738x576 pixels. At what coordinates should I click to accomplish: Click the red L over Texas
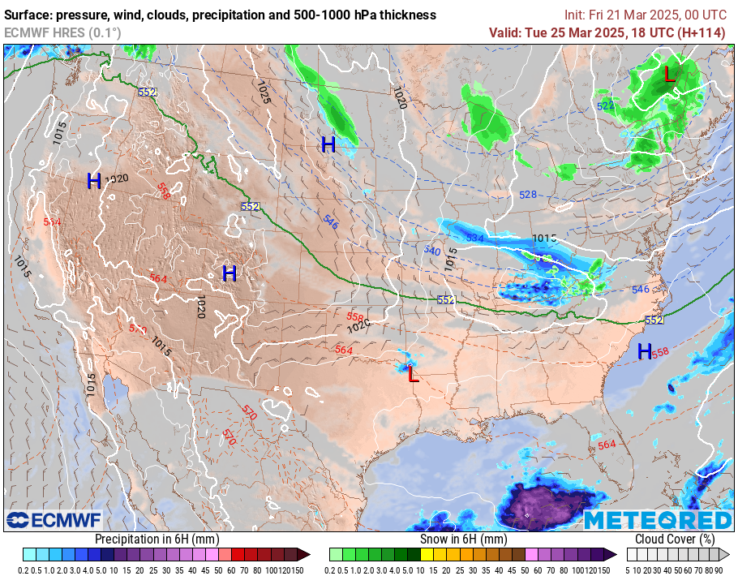click(413, 375)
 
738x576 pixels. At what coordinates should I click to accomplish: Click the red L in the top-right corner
click(669, 75)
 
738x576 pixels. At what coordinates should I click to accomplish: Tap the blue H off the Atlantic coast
click(645, 351)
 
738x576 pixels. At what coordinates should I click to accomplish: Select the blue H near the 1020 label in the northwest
click(95, 181)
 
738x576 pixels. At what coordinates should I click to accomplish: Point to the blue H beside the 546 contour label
click(328, 145)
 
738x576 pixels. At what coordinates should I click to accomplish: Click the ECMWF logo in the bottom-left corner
click(54, 520)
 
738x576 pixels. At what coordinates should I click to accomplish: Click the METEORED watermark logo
click(658, 520)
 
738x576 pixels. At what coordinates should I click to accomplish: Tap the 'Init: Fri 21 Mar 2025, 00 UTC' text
click(646, 15)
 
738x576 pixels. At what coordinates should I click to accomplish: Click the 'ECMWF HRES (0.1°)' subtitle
click(62, 32)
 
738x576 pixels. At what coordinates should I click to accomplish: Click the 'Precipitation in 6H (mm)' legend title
click(157, 539)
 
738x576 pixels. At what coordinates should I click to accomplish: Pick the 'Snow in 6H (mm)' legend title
click(463, 539)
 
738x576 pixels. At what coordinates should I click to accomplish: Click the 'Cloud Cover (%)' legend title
click(675, 539)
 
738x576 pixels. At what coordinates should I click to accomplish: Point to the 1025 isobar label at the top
click(263, 92)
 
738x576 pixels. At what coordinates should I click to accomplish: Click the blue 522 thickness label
click(606, 106)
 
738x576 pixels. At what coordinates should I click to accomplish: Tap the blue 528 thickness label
click(528, 195)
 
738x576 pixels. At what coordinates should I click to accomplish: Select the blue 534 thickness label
click(475, 239)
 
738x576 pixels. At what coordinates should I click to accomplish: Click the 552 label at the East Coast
click(654, 320)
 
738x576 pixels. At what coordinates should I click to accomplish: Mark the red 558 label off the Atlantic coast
click(660, 352)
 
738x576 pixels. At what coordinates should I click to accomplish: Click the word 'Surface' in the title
click(28, 15)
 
